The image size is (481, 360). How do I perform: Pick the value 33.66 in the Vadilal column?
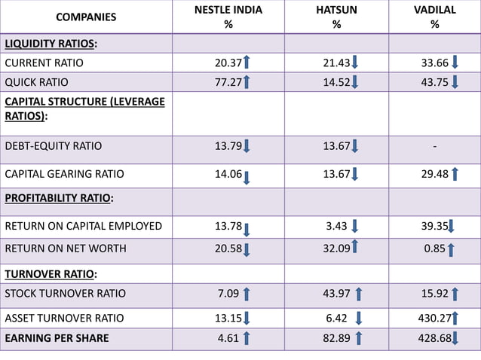434,63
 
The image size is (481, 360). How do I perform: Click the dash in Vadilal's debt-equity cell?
434,146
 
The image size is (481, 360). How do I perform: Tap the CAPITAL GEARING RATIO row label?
64,174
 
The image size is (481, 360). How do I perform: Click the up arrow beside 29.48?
455,175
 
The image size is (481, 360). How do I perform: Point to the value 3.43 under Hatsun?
336,225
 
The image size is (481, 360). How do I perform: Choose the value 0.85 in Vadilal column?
434,247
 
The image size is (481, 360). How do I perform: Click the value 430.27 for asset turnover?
433,318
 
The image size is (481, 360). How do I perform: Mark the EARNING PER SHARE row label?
57,338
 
